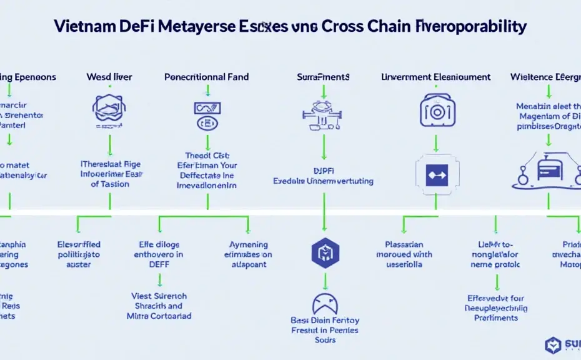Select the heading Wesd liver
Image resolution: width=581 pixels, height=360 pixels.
coord(109,77)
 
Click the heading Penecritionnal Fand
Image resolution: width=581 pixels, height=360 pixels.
coord(206,77)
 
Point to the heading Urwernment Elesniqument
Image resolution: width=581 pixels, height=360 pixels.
coord(435,77)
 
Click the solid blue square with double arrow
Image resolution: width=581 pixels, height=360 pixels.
coord(435,174)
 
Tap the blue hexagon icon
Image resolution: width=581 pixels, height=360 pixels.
coord(324,252)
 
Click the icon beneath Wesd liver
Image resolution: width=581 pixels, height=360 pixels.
coord(109,109)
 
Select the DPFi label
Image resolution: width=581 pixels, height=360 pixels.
coord(323,169)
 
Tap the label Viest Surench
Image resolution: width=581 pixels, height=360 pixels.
coord(159,296)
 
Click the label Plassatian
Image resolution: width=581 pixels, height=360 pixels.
coord(404,244)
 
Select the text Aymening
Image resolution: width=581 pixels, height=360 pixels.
coord(249,244)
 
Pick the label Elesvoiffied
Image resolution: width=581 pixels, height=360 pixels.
coord(79,244)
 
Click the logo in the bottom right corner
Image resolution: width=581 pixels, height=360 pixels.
coord(554,344)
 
